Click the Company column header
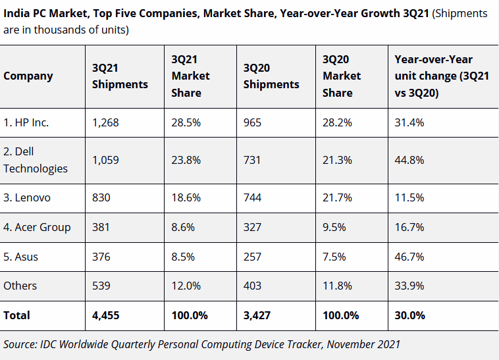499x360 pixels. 28,76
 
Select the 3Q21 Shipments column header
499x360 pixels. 120,76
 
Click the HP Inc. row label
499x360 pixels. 26,122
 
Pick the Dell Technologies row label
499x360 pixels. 36,160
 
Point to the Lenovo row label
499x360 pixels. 27,197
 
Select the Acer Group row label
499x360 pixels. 37,227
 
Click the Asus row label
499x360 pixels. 21,257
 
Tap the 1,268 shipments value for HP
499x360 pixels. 105,122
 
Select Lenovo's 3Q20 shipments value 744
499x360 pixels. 252,197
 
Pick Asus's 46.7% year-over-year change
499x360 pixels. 409,257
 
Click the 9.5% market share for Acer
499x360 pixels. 334,227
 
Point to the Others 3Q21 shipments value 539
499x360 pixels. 102,286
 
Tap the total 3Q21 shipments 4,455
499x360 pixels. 106,315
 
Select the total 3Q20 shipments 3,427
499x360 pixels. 257,315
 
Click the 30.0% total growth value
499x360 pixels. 409,315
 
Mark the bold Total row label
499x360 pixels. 17,315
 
